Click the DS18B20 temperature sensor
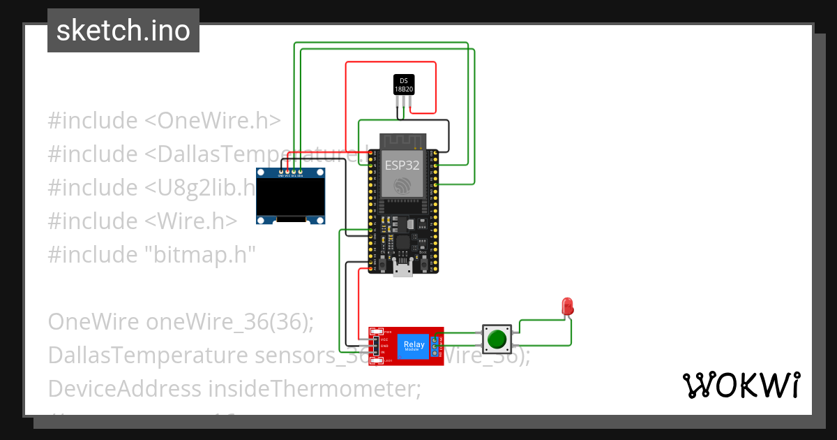point(403,85)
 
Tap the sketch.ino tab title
point(123,31)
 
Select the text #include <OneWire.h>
point(165,120)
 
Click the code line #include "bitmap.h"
point(152,254)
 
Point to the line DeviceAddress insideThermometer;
point(234,388)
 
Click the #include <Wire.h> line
point(142,221)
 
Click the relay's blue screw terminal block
point(435,345)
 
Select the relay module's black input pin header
point(375,345)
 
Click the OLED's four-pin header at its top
point(290,170)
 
